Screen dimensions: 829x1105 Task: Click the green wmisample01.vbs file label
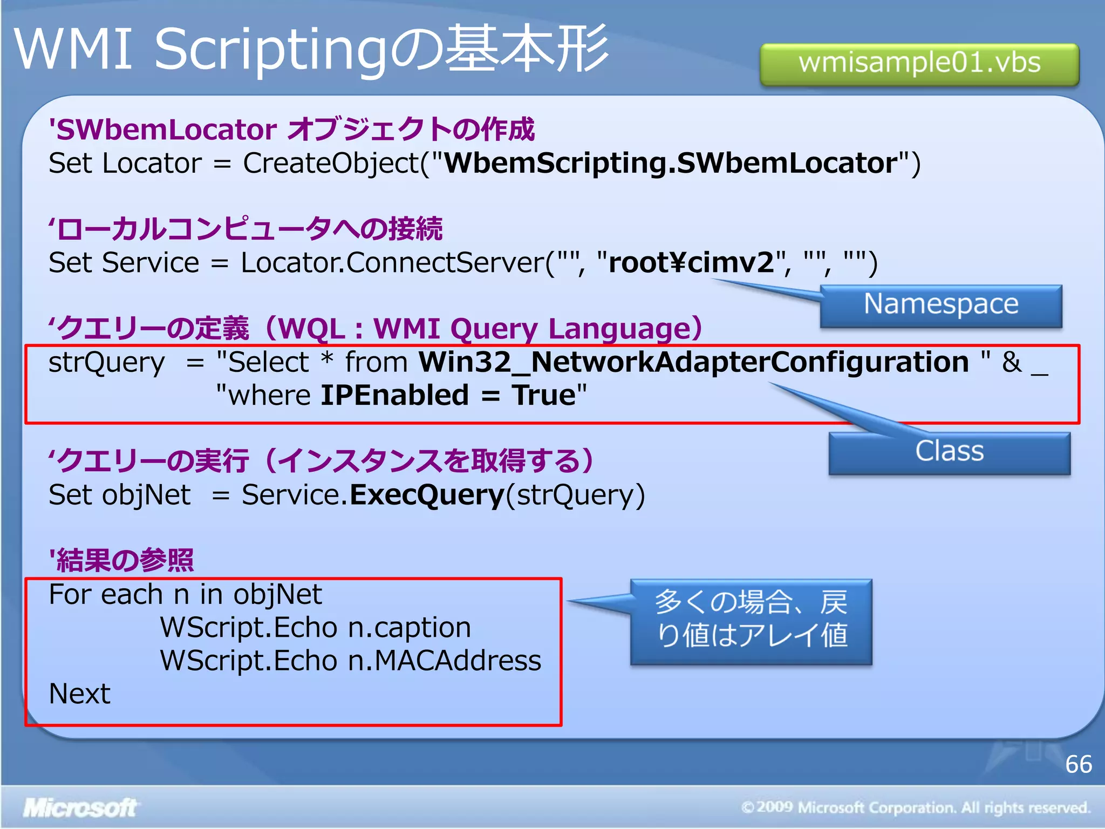pos(919,64)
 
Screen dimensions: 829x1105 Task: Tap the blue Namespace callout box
pos(941,305)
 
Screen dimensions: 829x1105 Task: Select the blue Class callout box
pos(950,452)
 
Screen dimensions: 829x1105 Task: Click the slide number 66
pos(1079,764)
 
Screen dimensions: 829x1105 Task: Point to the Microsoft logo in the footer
pos(80,808)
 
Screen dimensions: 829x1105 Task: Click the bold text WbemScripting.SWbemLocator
pos(671,163)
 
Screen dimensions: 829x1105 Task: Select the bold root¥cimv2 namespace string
pos(691,263)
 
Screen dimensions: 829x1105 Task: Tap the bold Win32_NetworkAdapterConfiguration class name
pos(694,362)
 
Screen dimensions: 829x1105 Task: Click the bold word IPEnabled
pos(394,396)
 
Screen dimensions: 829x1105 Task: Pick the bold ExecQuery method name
pos(427,495)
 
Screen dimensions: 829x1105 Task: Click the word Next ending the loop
pos(80,694)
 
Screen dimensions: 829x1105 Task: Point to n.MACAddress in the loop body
pos(445,661)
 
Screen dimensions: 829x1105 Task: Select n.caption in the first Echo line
pos(410,628)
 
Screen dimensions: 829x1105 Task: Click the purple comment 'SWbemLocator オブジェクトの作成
pos(291,130)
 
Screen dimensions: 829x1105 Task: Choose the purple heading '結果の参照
pos(121,560)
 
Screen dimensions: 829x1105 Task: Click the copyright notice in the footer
pos(916,808)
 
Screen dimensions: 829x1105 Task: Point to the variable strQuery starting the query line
pos(107,363)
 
